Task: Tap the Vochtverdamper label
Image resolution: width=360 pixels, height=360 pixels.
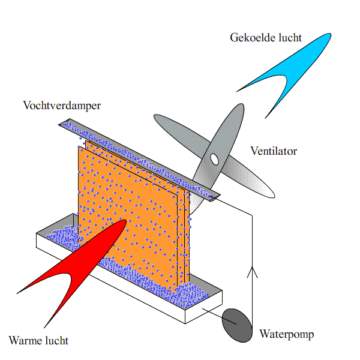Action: click(x=62, y=106)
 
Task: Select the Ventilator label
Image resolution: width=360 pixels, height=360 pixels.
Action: click(x=274, y=151)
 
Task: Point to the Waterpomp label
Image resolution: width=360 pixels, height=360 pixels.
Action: click(x=286, y=334)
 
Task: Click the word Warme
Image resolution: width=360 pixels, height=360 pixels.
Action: click(x=25, y=341)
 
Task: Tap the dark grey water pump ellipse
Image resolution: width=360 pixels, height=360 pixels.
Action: click(x=238, y=326)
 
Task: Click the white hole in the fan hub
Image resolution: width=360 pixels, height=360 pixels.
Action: click(x=214, y=159)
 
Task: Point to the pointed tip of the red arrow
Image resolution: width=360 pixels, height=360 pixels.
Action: click(x=124, y=221)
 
